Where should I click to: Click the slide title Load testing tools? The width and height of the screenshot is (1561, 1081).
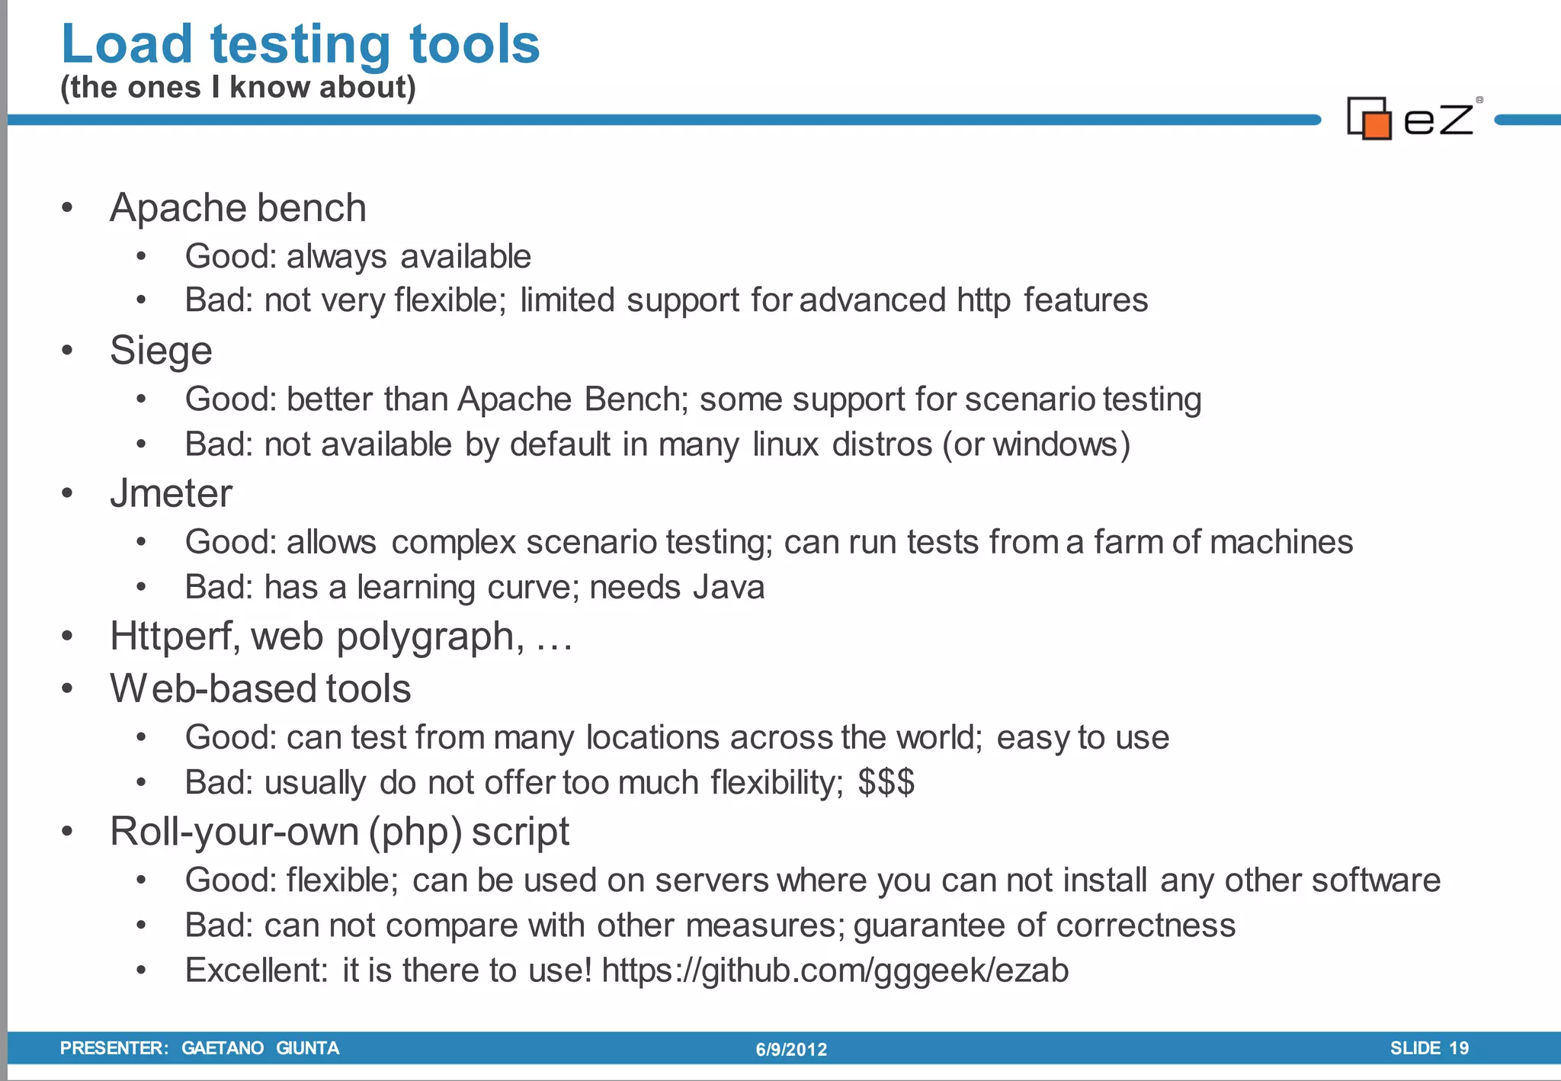(300, 44)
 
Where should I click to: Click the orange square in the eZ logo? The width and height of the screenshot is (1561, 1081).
(1377, 125)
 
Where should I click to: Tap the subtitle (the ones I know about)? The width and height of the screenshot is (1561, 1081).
(238, 88)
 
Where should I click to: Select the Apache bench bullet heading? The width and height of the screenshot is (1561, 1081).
(238, 208)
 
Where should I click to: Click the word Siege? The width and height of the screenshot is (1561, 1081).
(161, 351)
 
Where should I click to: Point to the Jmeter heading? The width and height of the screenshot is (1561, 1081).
(171, 494)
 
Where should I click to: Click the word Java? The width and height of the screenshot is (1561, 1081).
(729, 588)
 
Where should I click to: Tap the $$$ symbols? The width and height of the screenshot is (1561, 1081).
(886, 783)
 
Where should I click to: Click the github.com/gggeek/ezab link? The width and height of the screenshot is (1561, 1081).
(835, 971)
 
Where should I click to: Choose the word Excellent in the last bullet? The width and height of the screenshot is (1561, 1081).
(255, 971)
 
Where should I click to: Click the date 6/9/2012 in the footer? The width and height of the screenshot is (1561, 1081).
(791, 1050)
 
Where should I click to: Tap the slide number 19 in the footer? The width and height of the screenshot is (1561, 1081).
(1458, 1048)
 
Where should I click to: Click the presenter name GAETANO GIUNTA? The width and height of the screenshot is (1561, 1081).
(260, 1048)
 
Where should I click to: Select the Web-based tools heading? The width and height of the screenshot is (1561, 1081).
(260, 689)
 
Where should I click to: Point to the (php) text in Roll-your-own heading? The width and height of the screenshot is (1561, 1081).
(415, 832)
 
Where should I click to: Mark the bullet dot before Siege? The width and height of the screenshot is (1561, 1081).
(67, 351)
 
